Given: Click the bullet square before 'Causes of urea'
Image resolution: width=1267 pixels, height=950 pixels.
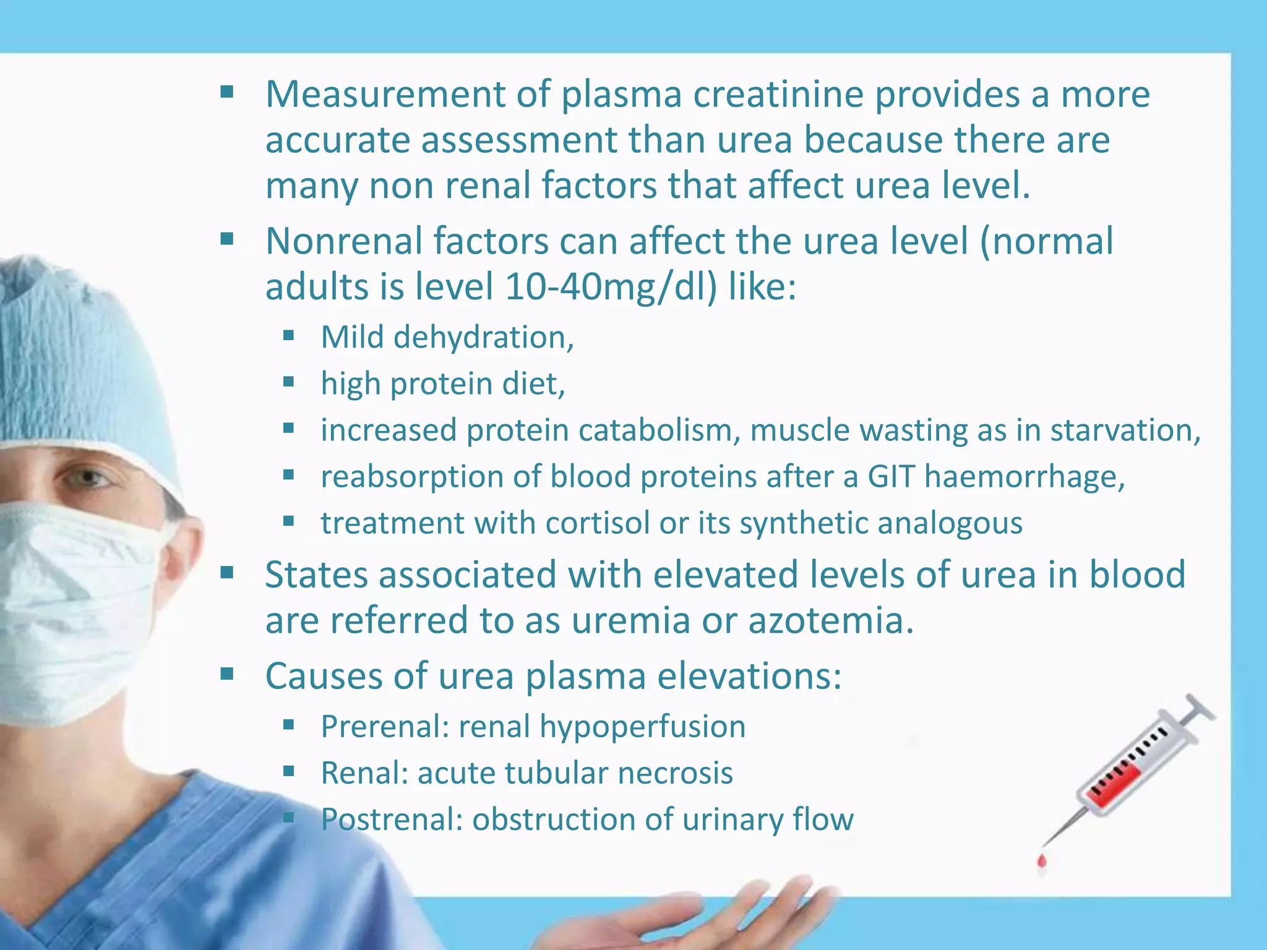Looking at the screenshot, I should click(x=227, y=674).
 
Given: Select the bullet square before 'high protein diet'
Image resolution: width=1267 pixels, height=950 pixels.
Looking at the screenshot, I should click(x=288, y=382).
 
